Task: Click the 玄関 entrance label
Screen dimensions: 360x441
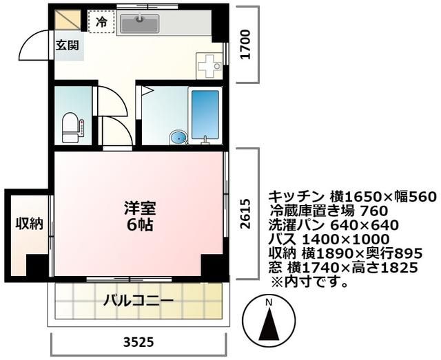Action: pos(68,46)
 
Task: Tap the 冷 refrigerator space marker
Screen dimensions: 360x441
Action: pos(101,22)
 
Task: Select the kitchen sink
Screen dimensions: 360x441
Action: pos(140,24)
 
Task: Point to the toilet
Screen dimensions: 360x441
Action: pos(71,127)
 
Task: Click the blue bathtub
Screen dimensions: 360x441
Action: pos(205,114)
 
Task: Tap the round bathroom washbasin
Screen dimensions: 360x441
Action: pos(178,138)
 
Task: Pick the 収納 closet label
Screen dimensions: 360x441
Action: pos(30,224)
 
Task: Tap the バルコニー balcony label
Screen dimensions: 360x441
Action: pos(139,301)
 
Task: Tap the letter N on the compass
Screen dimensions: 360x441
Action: pos(269,302)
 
